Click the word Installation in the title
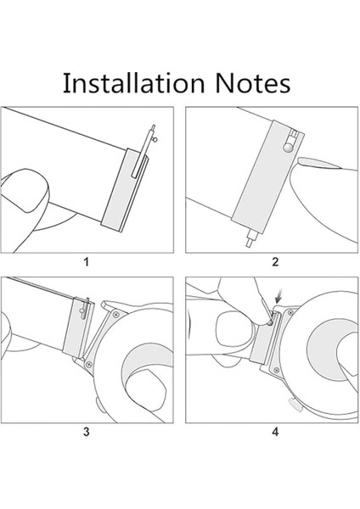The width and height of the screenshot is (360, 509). [133, 83]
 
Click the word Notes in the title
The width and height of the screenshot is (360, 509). [253, 83]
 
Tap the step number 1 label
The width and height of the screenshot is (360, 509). [86, 261]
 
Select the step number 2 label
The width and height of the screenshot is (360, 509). [275, 261]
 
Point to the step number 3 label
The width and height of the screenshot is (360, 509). [86, 432]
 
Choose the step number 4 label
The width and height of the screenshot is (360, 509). [275, 432]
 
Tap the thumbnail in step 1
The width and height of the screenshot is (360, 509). [25, 191]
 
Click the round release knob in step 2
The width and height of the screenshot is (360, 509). [288, 148]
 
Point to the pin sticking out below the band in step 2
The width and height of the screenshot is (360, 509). [250, 238]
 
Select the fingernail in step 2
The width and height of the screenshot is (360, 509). [319, 163]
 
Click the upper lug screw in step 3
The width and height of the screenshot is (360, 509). [116, 314]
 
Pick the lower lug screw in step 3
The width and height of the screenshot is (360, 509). [88, 365]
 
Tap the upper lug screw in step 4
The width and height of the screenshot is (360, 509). [290, 312]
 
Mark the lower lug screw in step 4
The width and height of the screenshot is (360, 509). [277, 370]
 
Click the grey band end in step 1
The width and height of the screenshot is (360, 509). [124, 191]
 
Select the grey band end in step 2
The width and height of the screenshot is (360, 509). [267, 177]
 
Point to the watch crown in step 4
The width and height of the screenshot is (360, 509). [295, 405]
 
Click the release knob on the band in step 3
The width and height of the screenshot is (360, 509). [82, 311]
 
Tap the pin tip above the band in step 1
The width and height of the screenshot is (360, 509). [153, 127]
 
